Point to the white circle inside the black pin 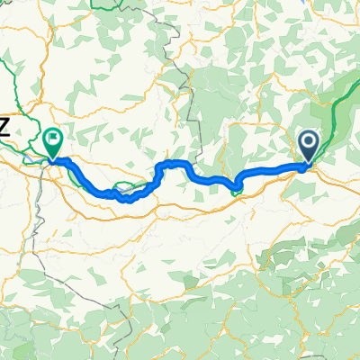coord(308,141)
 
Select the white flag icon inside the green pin coord(52,139)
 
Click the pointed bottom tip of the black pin coord(308,164)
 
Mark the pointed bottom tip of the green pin coord(52,159)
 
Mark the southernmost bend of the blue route coord(126,199)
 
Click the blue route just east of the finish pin coord(72,166)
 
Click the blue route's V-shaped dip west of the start coord(236,188)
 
